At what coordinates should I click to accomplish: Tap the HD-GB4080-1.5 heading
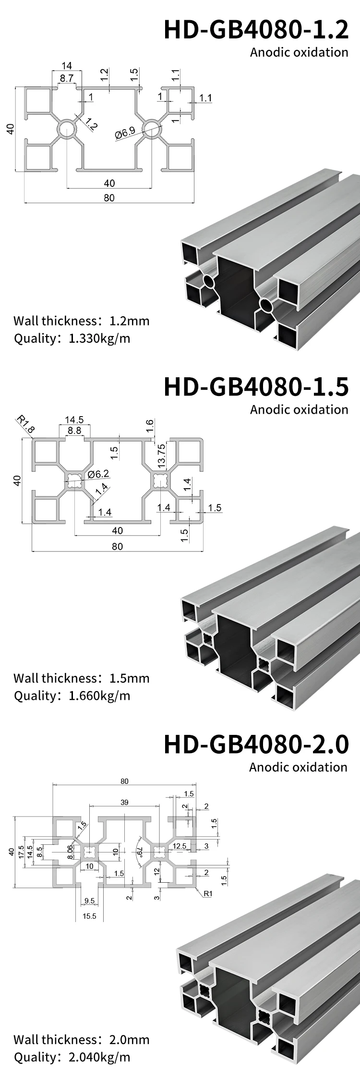[256, 387]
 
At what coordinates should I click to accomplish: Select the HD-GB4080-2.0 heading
[256, 744]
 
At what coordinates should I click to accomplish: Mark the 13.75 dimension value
[161, 456]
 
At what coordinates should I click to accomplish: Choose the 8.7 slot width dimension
[67, 77]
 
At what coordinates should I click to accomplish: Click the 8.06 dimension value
[70, 852]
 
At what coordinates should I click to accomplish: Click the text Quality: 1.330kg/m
[72, 338]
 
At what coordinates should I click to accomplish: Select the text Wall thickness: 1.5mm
[82, 678]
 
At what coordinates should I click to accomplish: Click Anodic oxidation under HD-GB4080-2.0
[298, 767]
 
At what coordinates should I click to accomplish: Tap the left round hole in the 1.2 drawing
[67, 129]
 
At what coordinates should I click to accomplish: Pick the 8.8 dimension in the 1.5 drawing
[74, 431]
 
